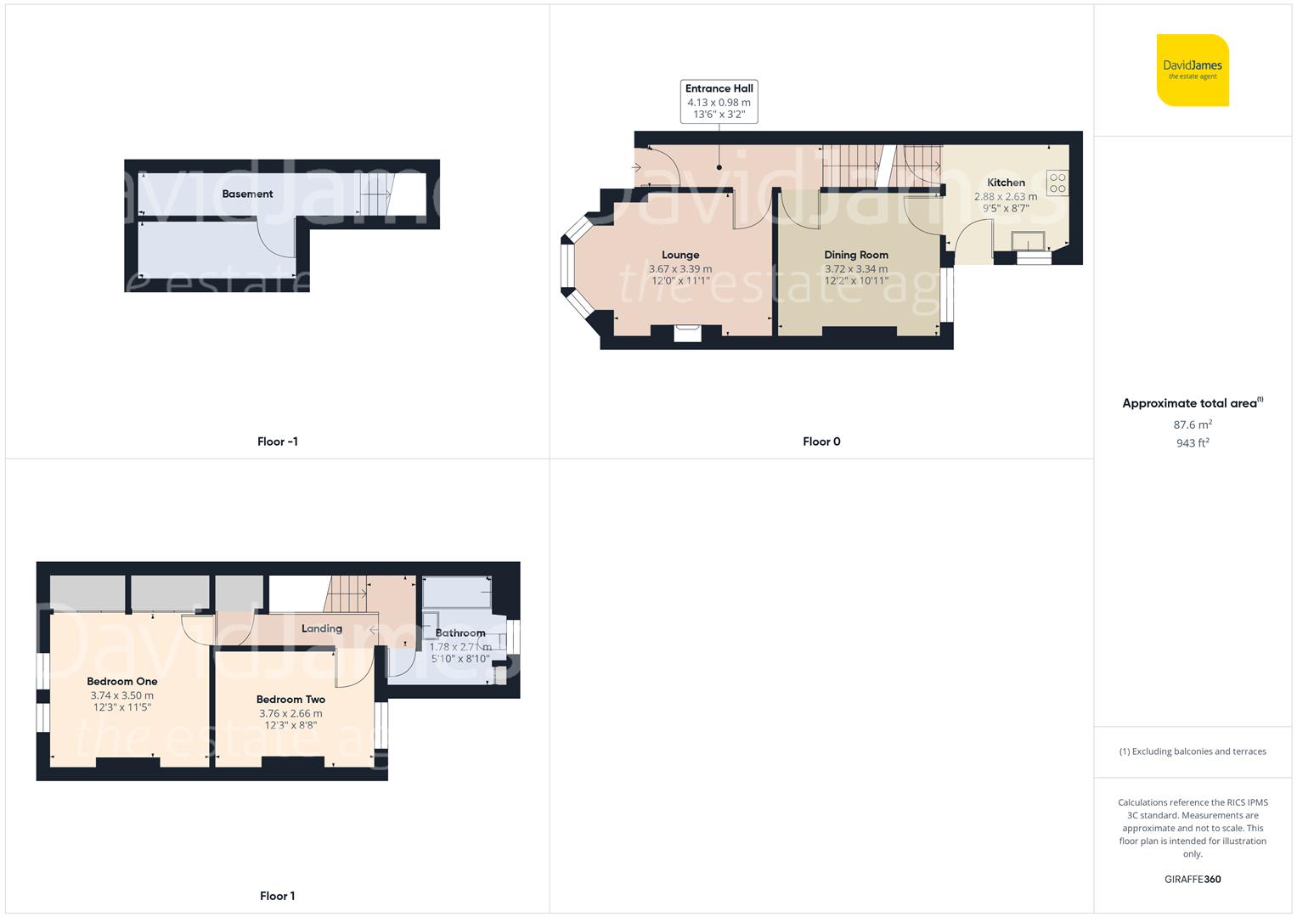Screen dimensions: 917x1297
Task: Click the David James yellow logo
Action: [x=1193, y=70]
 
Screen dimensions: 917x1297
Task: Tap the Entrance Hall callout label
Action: [x=719, y=101]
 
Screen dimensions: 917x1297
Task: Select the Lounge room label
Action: [x=680, y=255]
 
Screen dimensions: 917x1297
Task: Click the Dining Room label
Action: [x=856, y=255]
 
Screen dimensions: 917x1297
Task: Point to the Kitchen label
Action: [x=1006, y=183]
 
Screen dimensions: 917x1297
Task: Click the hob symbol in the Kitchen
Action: [x=1057, y=183]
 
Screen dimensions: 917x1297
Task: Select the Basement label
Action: [x=247, y=194]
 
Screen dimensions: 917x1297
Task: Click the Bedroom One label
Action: [x=122, y=681]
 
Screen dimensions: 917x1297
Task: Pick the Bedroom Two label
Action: [x=290, y=700]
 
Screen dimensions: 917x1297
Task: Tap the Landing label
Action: [x=322, y=628]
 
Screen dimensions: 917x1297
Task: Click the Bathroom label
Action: [x=460, y=633]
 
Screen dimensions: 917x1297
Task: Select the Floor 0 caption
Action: [x=821, y=442]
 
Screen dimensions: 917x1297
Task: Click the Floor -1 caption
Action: [x=277, y=442]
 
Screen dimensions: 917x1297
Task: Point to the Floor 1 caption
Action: [x=277, y=896]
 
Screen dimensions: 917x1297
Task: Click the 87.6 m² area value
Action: [x=1193, y=425]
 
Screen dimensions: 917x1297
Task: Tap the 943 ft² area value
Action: [x=1193, y=443]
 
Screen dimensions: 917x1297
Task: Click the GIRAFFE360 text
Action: [x=1193, y=879]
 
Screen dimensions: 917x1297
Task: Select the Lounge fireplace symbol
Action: [x=687, y=333]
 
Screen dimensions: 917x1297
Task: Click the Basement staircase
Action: [x=375, y=195]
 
